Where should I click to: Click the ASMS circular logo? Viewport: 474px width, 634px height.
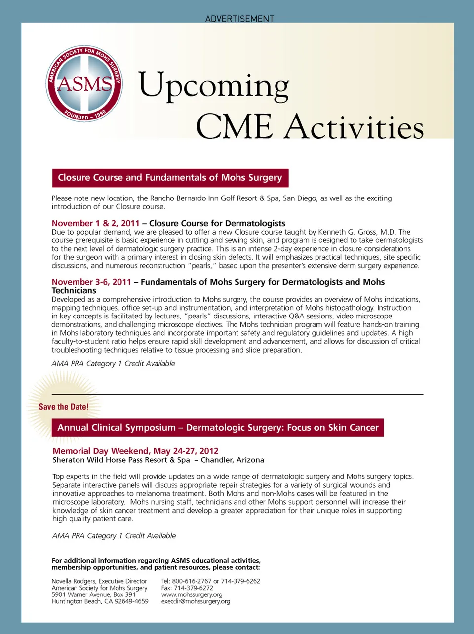84,84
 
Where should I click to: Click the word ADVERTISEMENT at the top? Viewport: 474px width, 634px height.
239,19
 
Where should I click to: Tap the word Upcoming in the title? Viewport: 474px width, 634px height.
213,86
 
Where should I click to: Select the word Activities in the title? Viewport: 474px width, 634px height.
355,127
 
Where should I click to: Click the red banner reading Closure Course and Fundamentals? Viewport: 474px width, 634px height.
170,178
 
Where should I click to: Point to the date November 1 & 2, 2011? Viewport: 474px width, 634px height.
95,223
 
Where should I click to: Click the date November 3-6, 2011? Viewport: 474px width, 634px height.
91,282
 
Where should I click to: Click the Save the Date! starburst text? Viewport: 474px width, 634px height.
64,407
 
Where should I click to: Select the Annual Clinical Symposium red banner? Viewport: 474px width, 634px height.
218,428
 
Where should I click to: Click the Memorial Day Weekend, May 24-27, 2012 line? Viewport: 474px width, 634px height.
135,451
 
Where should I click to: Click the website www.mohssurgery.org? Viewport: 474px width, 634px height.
192,594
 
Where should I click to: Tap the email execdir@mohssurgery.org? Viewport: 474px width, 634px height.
196,601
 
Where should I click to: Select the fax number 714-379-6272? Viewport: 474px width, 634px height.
193,588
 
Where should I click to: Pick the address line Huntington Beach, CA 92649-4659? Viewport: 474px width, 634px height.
100,601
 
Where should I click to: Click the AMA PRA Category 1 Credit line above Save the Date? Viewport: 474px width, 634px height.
113,364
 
